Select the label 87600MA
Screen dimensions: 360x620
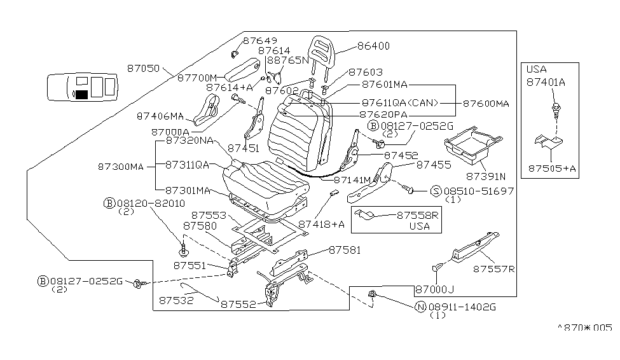[486, 103]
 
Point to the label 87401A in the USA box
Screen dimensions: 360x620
[546, 82]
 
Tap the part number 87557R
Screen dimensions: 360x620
[493, 269]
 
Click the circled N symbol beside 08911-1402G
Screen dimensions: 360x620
[420, 307]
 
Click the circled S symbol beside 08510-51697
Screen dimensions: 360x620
[436, 190]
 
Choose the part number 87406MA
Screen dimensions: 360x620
[160, 116]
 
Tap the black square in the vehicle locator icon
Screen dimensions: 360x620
[81, 95]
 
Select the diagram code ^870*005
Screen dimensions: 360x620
[584, 328]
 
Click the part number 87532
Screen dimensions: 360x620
[177, 299]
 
